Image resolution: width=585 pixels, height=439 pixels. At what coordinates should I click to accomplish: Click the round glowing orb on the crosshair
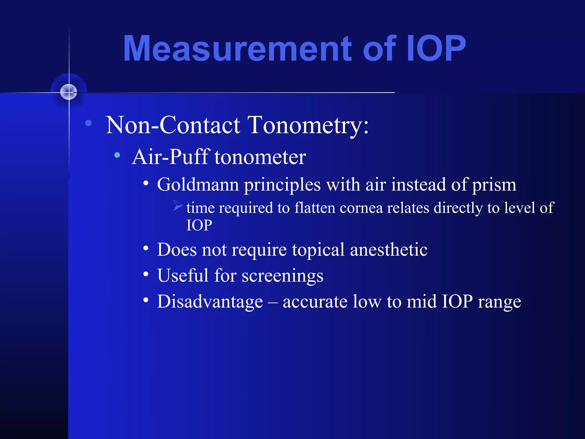click(69, 92)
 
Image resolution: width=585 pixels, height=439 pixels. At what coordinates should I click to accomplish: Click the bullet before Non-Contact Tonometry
click(89, 123)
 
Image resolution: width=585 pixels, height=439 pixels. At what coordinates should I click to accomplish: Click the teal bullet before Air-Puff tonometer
click(117, 155)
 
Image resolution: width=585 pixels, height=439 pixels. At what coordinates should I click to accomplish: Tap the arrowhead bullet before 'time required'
click(177, 205)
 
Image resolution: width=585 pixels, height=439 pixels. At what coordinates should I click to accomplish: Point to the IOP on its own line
click(199, 225)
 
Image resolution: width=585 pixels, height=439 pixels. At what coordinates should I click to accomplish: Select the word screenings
click(283, 276)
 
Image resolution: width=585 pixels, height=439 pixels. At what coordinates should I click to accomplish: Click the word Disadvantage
click(210, 302)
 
